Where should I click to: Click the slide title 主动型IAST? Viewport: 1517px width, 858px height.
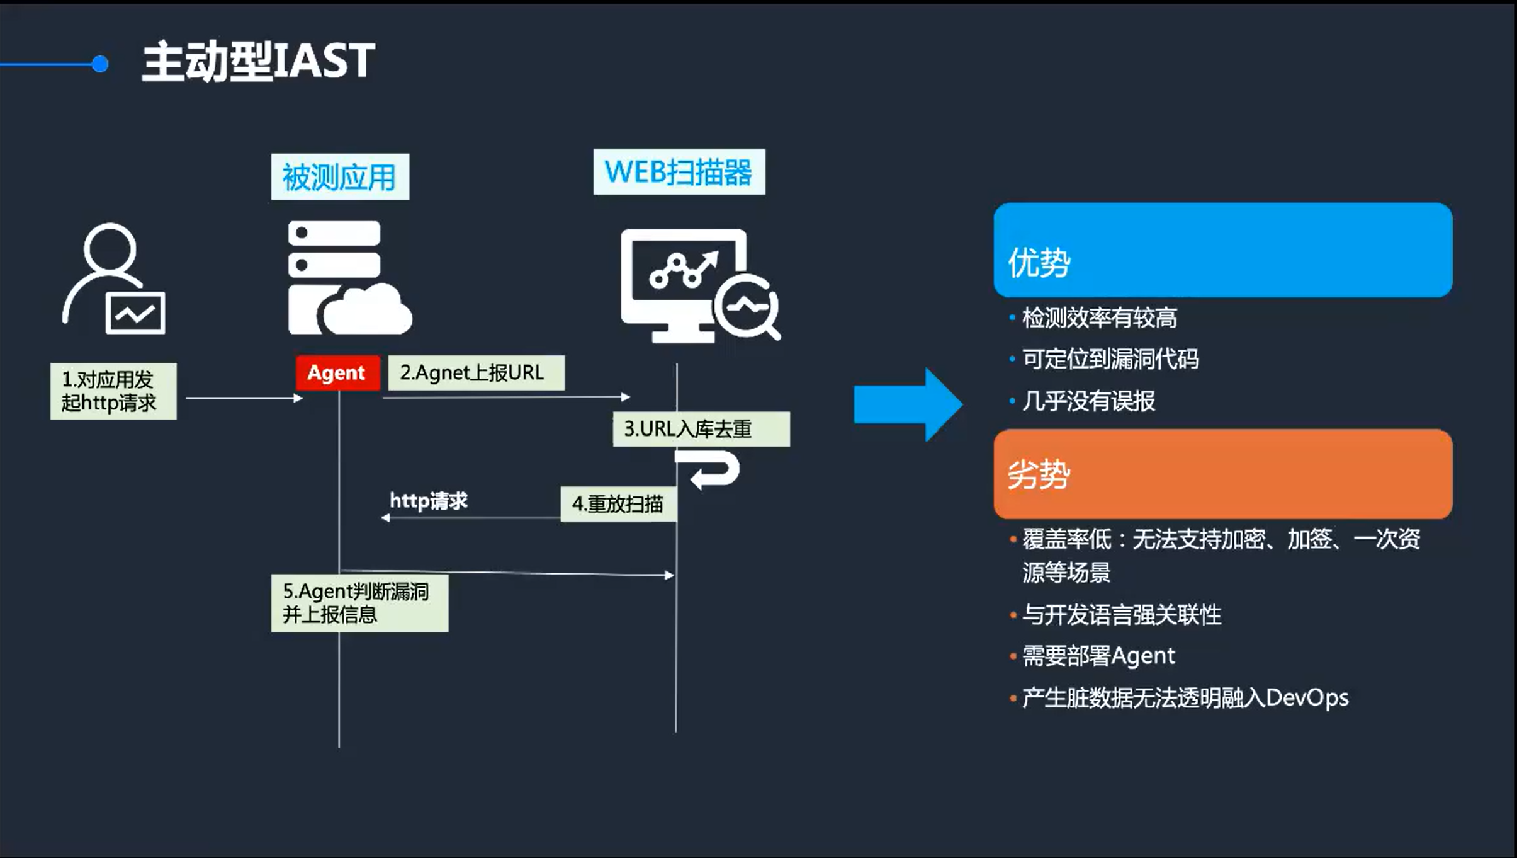[x=258, y=62]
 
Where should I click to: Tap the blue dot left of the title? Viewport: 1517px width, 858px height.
[x=99, y=64]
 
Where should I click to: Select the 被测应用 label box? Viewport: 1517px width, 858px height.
[x=340, y=177]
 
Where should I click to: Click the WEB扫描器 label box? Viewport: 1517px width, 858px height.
[x=679, y=172]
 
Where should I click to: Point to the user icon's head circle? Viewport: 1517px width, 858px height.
[x=110, y=247]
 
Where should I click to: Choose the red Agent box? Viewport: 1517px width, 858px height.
[x=337, y=373]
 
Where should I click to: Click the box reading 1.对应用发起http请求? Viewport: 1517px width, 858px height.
[x=113, y=391]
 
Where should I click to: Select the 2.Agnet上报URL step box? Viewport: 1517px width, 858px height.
[x=475, y=373]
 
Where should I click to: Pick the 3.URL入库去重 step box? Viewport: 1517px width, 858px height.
[x=701, y=429]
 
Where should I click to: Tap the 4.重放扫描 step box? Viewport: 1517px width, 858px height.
[x=618, y=504]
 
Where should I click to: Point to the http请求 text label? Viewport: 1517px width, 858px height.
[x=429, y=501]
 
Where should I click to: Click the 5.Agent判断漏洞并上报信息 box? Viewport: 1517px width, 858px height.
[x=359, y=603]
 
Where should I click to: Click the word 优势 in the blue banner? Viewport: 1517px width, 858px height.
[x=1039, y=263]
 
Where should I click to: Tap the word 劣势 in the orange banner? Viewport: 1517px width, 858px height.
[x=1039, y=474]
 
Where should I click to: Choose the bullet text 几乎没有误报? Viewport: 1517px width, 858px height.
[x=1089, y=401]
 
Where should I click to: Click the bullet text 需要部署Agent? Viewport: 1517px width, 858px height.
[x=1098, y=656]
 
